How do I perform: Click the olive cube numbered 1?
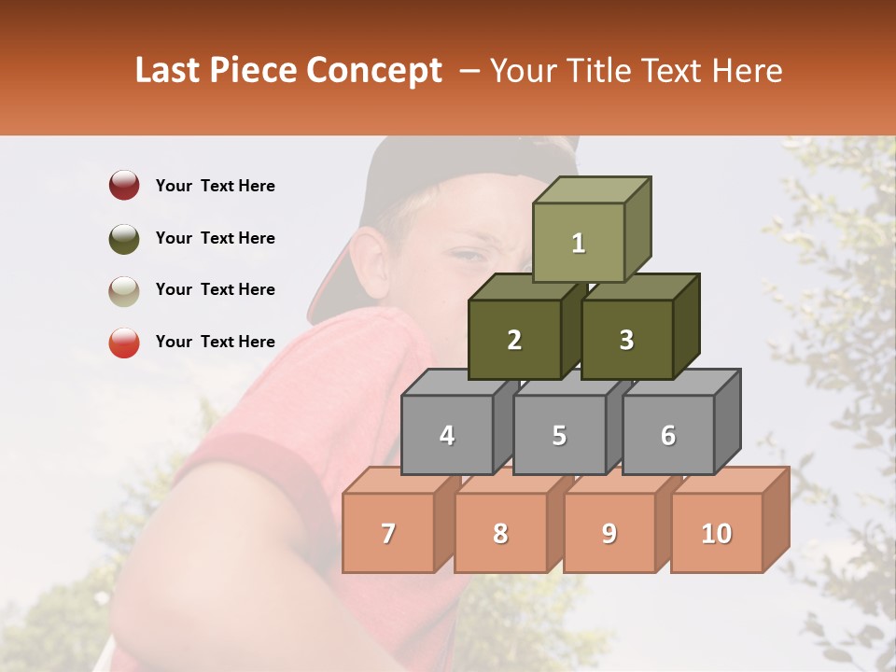click(578, 243)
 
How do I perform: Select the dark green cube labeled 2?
click(514, 340)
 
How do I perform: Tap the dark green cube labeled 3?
click(626, 340)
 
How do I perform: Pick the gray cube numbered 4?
click(447, 435)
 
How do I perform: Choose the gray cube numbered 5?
click(558, 435)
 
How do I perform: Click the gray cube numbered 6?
click(667, 435)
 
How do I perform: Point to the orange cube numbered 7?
click(388, 533)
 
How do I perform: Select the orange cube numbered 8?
click(500, 533)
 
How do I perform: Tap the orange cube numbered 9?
click(609, 533)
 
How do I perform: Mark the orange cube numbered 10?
click(716, 533)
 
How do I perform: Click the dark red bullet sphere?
click(124, 186)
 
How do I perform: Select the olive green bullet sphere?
click(124, 238)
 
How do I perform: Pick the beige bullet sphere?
click(124, 290)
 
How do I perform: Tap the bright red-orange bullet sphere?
click(124, 343)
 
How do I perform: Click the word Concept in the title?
click(373, 71)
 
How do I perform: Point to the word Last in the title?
click(171, 71)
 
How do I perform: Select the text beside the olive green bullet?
click(215, 238)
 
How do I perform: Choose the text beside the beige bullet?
click(215, 289)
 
